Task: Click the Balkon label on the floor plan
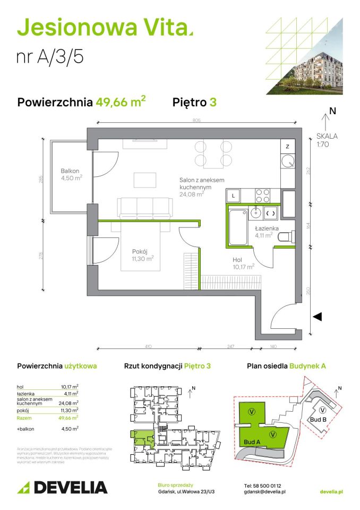click(x=70, y=171)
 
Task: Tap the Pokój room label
click(x=142, y=251)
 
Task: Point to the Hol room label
click(x=237, y=260)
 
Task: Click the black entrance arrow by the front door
click(x=318, y=317)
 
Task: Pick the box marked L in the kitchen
click(x=234, y=195)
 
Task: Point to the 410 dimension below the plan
click(x=148, y=346)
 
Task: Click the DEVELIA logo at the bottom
click(x=63, y=487)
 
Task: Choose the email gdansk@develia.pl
click(x=265, y=492)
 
